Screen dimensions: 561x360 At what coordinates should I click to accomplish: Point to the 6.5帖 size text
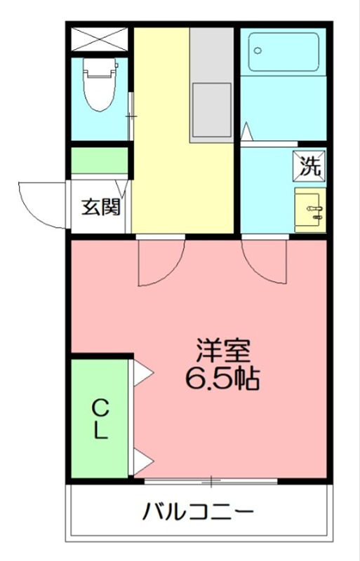coord(222,379)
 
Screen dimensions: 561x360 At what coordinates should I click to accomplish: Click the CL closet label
coord(101,419)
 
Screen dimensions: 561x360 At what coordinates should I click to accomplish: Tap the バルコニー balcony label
coord(199,511)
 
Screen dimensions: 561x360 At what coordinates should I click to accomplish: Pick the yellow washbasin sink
coord(310,209)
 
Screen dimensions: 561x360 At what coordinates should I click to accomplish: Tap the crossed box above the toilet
coord(100,39)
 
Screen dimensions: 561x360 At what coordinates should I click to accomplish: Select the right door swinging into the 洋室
coord(266,261)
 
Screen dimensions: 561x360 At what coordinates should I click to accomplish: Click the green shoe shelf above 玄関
coord(100,161)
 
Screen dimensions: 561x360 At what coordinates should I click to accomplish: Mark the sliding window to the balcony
coord(211,481)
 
